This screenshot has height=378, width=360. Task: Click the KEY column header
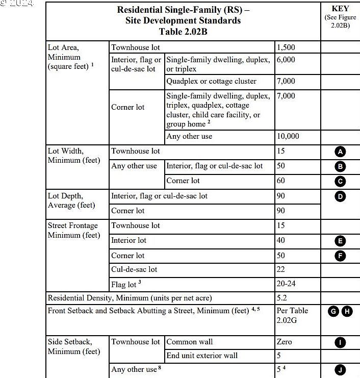click(340, 9)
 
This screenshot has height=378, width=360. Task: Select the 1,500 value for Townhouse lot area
click(286, 47)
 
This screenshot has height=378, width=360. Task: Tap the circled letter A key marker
click(340, 152)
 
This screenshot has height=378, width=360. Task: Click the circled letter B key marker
click(340, 166)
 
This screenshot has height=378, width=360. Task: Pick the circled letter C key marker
click(340, 181)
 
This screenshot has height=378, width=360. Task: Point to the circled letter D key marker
click(340, 196)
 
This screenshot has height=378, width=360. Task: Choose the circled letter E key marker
click(340, 241)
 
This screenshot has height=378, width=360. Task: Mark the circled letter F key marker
click(340, 256)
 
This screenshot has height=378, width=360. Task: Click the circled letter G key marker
click(334, 311)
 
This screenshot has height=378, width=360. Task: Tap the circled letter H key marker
click(347, 311)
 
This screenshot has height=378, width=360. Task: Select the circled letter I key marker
click(340, 342)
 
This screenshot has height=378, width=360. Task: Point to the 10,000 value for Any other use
click(288, 137)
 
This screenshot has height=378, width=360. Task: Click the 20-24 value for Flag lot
click(286, 284)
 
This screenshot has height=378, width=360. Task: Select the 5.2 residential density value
click(281, 297)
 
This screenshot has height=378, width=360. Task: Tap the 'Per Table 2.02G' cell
click(292, 315)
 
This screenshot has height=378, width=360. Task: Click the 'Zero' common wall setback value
click(284, 342)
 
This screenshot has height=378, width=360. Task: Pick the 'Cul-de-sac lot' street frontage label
click(134, 269)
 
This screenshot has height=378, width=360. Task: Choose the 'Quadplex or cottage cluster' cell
click(211, 81)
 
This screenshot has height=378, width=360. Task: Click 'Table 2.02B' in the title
click(183, 32)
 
